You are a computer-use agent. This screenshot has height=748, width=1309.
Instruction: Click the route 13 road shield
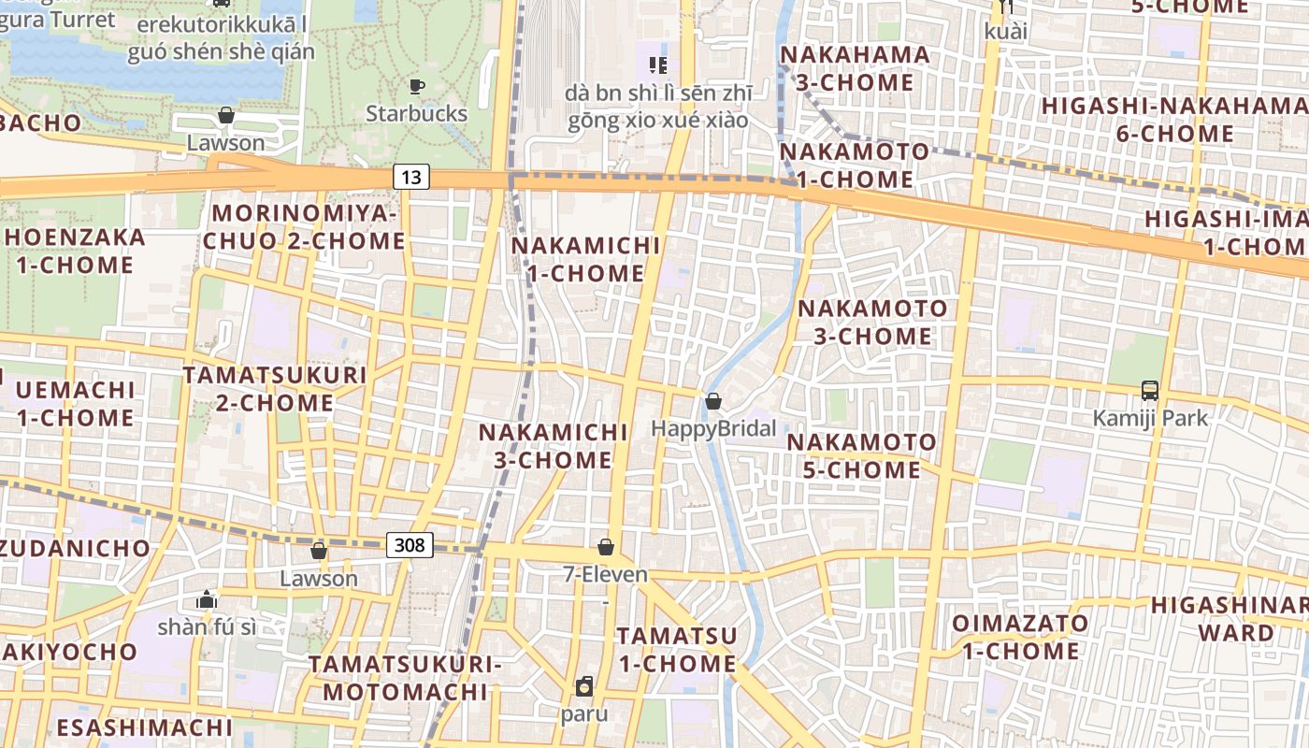410,176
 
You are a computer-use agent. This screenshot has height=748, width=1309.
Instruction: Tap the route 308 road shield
410,545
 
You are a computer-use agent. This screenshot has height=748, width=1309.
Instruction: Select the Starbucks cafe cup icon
417,87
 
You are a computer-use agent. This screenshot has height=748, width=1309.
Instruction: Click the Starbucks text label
416,114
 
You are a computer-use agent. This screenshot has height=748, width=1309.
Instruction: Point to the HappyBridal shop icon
713,401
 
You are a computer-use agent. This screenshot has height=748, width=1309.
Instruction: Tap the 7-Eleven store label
606,574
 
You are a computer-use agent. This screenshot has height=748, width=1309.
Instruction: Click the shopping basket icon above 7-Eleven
606,547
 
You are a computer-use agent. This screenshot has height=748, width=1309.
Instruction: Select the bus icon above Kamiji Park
1150,391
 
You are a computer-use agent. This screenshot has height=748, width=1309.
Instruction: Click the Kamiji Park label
1150,418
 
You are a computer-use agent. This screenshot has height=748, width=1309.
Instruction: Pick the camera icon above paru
584,687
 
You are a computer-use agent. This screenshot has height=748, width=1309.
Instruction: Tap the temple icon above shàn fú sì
207,599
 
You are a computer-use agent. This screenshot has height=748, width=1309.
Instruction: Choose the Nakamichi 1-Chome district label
585,260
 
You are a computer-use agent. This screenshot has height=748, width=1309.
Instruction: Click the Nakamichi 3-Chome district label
553,446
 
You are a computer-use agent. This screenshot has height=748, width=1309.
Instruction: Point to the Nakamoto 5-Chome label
861,455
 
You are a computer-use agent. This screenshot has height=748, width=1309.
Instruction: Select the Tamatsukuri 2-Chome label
274,389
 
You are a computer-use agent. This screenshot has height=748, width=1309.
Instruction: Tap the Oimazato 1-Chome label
1020,637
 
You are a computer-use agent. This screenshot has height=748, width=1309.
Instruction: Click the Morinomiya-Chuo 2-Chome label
305,227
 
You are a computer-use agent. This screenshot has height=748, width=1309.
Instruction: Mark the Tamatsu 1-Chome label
677,649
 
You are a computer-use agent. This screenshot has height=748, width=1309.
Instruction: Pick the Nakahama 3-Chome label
855,68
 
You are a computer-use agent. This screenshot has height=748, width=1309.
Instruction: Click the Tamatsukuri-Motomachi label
405,678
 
